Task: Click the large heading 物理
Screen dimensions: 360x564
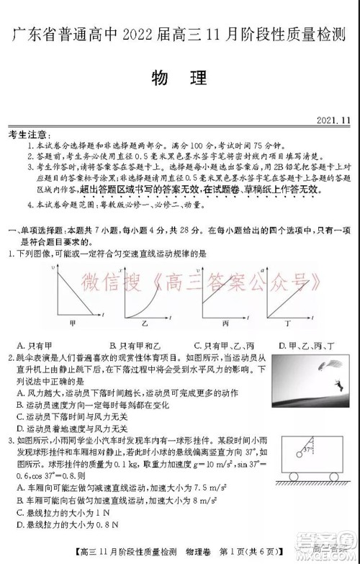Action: coord(180,77)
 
